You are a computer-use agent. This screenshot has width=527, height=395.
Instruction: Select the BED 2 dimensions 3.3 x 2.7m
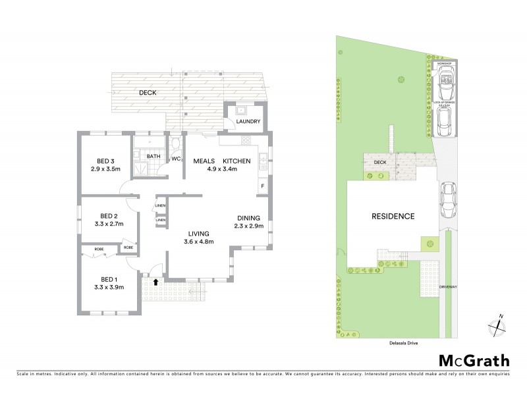point(108,224)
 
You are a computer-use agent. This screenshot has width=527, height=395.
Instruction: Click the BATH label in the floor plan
point(153,156)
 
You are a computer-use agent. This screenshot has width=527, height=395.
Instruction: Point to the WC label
point(176,159)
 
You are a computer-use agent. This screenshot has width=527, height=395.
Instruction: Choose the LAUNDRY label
point(248,122)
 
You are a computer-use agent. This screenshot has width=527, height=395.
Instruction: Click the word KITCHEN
point(236,161)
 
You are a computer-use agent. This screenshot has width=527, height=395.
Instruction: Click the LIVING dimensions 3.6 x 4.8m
point(198,242)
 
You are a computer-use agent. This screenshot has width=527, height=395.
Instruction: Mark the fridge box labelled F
point(263,186)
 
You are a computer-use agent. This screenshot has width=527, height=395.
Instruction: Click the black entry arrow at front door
point(155,281)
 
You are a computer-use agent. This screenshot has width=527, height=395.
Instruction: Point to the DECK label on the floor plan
point(148,93)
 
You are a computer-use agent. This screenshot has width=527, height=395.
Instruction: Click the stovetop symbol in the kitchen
point(246,140)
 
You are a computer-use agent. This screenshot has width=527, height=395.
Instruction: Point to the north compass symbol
point(497,325)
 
